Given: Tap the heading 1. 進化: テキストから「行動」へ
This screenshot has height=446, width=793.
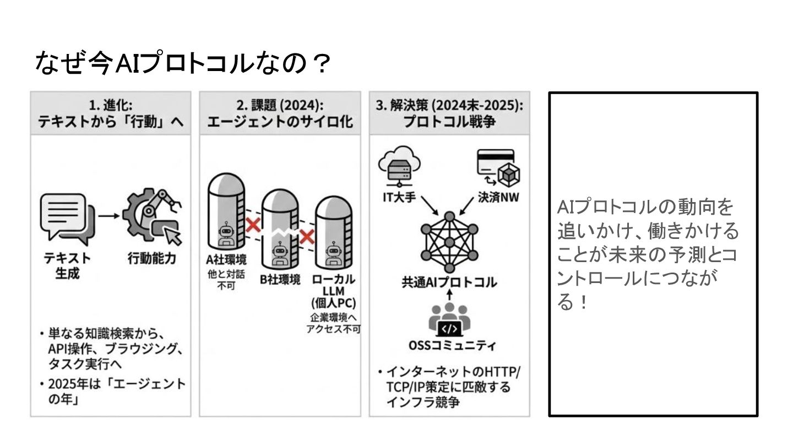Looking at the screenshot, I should [110, 113].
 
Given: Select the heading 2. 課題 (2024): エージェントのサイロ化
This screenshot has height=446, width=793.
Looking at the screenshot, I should [280, 113].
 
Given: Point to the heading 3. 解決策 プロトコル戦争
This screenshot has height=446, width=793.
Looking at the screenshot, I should [449, 113].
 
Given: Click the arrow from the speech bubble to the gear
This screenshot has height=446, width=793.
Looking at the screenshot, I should [108, 215].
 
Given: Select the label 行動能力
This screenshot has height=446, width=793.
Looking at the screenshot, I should [151, 258].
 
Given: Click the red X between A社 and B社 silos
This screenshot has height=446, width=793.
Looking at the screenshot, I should [253, 224].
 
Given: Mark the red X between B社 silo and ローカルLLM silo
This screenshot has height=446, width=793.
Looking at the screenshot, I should [306, 236].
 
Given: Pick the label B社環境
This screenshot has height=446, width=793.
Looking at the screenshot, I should [280, 279].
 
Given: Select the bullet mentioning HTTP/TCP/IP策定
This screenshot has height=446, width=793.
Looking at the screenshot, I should [449, 387].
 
